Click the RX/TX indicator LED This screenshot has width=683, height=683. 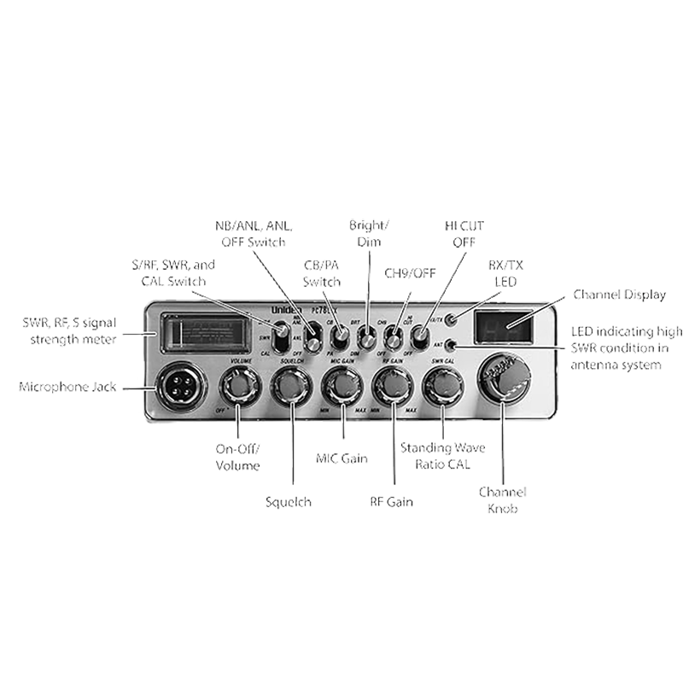click(450, 321)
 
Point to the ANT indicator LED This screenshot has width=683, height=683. click(450, 345)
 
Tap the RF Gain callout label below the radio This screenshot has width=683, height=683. click(391, 503)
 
